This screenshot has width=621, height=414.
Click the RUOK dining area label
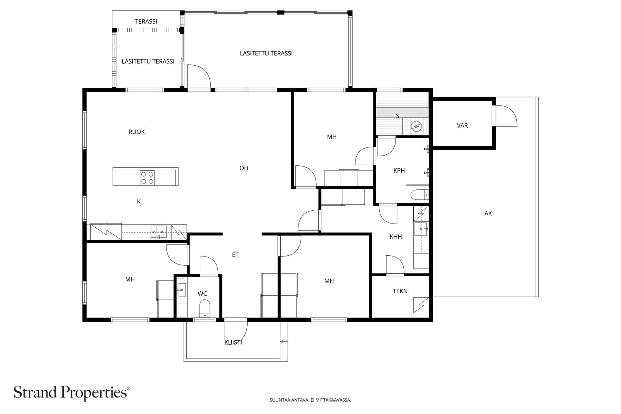click(137, 132)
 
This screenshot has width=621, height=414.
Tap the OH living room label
click(244, 168)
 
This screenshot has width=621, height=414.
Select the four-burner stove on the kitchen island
click(147, 178)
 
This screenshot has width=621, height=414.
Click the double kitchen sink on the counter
click(159, 232)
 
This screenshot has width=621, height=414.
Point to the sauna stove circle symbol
click(416, 126)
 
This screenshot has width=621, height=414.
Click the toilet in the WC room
click(205, 308)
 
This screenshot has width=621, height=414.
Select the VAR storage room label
click(462, 126)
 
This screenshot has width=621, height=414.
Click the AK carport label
click(488, 213)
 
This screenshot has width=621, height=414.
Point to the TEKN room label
click(400, 291)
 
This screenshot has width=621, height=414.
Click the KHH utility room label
click(395, 237)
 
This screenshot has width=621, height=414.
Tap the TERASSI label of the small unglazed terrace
click(146, 21)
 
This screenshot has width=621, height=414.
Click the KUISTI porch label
click(233, 343)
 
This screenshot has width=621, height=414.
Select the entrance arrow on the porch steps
click(283, 342)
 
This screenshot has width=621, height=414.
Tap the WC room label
click(202, 293)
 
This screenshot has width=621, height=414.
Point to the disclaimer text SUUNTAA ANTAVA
click(289, 400)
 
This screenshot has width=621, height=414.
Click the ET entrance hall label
click(235, 255)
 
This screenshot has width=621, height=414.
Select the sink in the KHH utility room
click(421, 229)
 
